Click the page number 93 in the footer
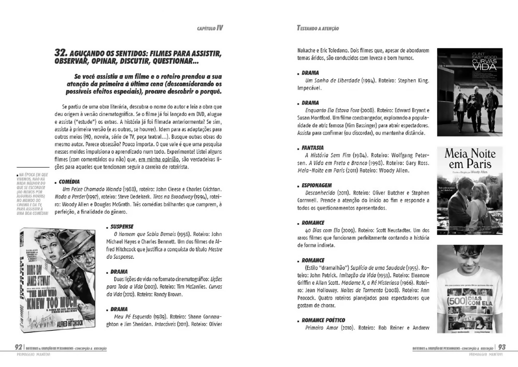(502, 347)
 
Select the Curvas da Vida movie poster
(469, 92)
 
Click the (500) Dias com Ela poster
(469, 288)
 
